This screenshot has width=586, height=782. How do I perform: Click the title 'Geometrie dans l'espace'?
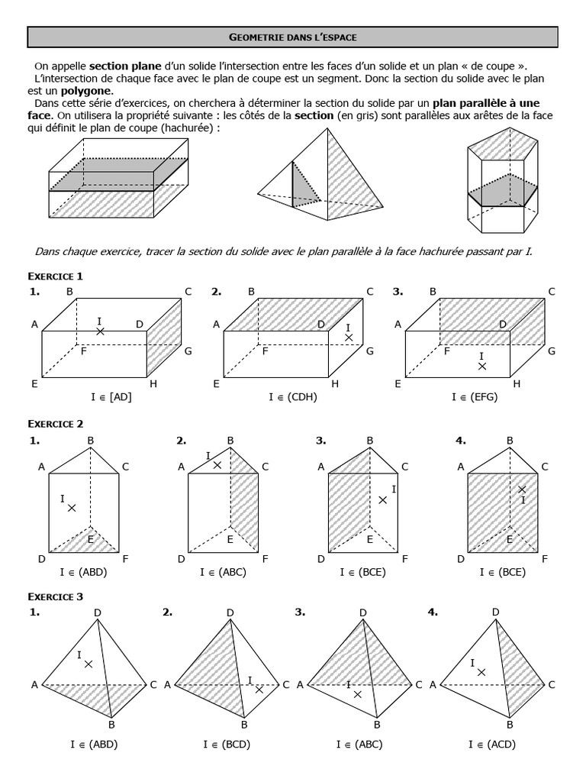(x=292, y=36)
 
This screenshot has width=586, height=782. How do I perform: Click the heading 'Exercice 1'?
(x=56, y=276)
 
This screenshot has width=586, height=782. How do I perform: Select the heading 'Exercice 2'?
(x=56, y=424)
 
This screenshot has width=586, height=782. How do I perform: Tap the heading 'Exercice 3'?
(x=56, y=596)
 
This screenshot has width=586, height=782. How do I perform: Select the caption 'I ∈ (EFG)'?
(x=474, y=397)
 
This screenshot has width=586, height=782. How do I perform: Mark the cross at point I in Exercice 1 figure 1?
(x=100, y=331)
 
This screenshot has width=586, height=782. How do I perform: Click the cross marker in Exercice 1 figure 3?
(x=481, y=367)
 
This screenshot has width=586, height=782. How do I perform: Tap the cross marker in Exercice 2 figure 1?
(x=72, y=508)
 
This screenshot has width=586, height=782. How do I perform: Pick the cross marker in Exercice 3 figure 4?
(x=481, y=672)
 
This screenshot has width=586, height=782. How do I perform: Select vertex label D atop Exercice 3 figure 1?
(x=97, y=612)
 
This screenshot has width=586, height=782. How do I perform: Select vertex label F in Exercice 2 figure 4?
(x=544, y=559)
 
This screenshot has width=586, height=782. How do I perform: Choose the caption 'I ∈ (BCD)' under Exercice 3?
(x=227, y=744)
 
